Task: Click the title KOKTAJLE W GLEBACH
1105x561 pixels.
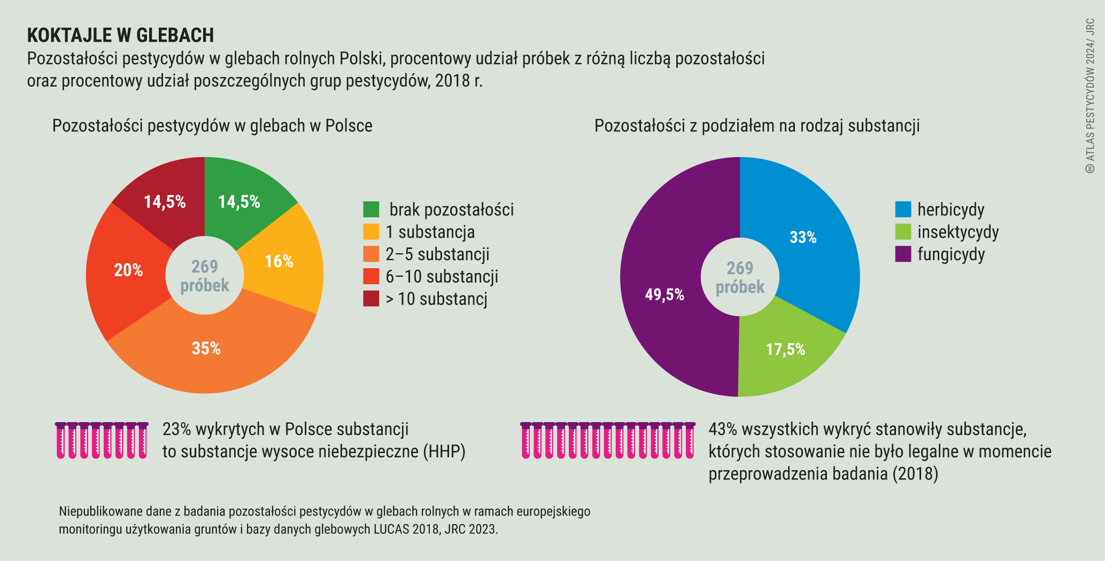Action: (120, 35)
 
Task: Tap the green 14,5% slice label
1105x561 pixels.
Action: (239, 202)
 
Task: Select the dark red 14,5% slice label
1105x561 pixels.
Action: (165, 202)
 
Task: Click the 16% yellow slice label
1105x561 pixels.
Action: (279, 261)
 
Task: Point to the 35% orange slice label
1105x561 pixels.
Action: (206, 348)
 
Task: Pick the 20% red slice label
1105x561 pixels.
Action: (128, 270)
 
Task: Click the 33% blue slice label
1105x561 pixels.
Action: (803, 237)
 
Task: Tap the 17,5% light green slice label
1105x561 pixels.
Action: (785, 349)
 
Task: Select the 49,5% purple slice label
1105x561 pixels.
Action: (664, 294)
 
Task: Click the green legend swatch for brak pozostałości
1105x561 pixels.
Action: (371, 209)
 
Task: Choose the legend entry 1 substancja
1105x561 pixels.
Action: (430, 232)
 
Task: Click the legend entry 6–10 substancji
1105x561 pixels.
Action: (442, 277)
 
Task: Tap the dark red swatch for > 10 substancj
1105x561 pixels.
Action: (371, 299)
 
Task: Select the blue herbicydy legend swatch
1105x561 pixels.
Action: (903, 209)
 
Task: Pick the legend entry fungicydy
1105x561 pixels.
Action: (951, 254)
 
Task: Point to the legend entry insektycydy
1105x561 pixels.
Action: (958, 232)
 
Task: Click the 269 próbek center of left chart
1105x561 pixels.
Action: (205, 276)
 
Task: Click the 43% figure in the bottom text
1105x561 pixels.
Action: (722, 429)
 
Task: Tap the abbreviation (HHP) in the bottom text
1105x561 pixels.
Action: (444, 452)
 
